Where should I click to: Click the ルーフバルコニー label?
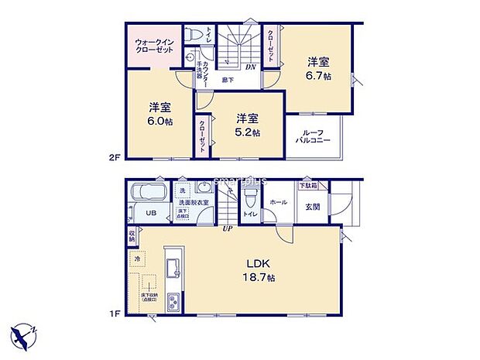point(314,139)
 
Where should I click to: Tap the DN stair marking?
point(251,67)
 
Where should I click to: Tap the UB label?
point(153,213)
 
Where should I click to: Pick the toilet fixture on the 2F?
point(197,36)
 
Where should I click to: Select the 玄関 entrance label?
point(312,207)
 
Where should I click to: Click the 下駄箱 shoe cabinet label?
point(308,186)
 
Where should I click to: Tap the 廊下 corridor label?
point(228,80)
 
